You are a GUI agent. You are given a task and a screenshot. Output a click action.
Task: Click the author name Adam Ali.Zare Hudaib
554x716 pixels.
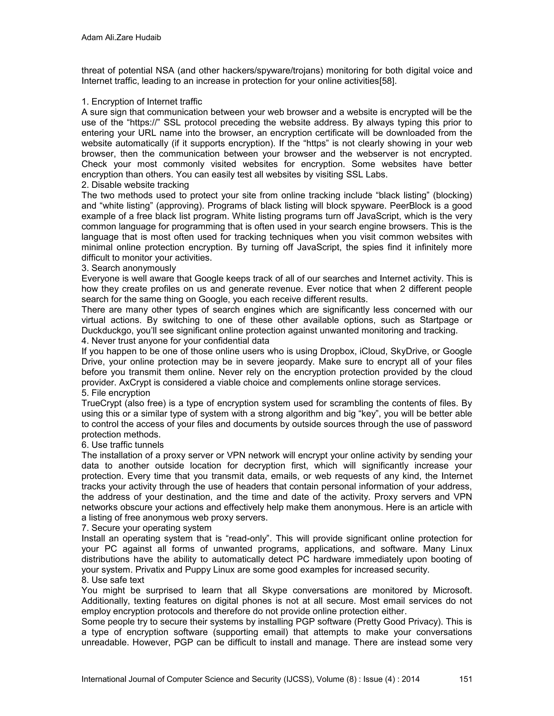pos(121,38)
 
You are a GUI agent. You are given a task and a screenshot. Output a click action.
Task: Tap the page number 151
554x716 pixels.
pos(465,679)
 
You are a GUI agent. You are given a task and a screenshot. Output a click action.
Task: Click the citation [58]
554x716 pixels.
pos(388,81)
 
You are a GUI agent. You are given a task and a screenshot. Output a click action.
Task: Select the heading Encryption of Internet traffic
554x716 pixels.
pos(146,102)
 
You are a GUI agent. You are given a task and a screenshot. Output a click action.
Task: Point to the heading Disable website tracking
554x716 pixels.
pos(140,185)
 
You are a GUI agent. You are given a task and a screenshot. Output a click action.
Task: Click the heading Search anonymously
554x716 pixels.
pos(133,268)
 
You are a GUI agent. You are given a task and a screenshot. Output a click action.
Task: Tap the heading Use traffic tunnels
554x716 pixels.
pos(127,445)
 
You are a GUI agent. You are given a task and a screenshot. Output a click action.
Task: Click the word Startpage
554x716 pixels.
pos(438,320)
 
